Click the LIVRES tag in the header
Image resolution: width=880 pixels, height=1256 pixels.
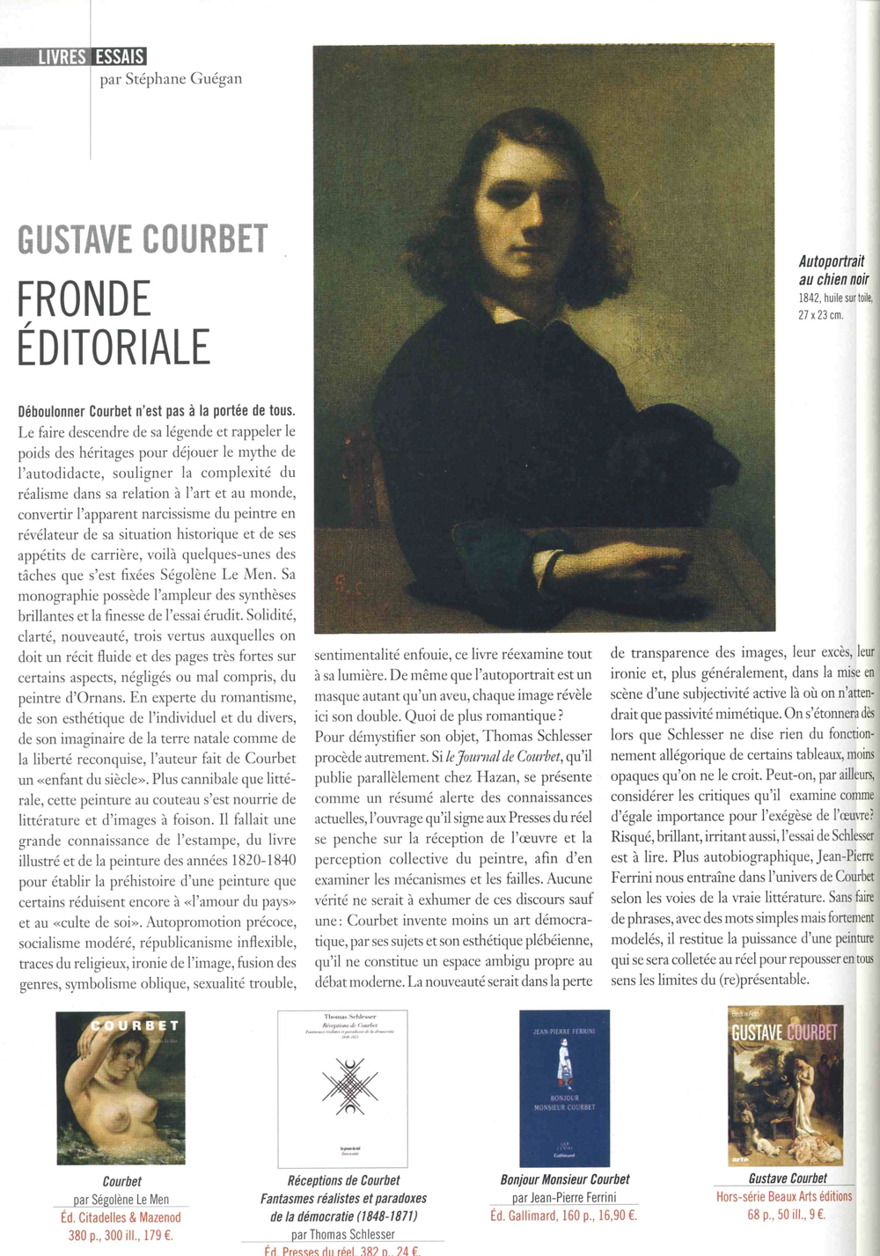pos(62,57)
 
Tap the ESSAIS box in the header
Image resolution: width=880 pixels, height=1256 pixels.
pos(119,57)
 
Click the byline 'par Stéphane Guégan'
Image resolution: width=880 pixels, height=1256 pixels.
pos(171,79)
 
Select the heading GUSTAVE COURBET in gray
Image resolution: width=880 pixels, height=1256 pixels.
pos(143,240)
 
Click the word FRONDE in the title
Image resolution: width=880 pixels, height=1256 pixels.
pos(84,299)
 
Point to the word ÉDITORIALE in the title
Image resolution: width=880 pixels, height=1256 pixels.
pos(114,346)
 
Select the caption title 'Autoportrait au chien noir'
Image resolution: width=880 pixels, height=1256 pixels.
pos(832,270)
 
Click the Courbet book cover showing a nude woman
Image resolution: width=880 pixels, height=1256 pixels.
pos(121,1088)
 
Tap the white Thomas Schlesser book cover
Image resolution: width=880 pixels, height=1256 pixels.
pos(342,1088)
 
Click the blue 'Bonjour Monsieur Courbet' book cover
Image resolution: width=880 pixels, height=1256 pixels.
pos(564,1088)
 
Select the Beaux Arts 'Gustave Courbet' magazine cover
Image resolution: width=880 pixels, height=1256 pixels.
pos(786,1084)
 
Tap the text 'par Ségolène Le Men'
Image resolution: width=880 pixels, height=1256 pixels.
pos(121,1199)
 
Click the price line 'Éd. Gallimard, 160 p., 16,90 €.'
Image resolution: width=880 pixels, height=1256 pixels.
pos(563,1216)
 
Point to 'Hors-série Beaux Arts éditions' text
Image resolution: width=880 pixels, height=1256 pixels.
pos(784,1196)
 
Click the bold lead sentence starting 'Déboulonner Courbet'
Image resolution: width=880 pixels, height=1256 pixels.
pos(157,411)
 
